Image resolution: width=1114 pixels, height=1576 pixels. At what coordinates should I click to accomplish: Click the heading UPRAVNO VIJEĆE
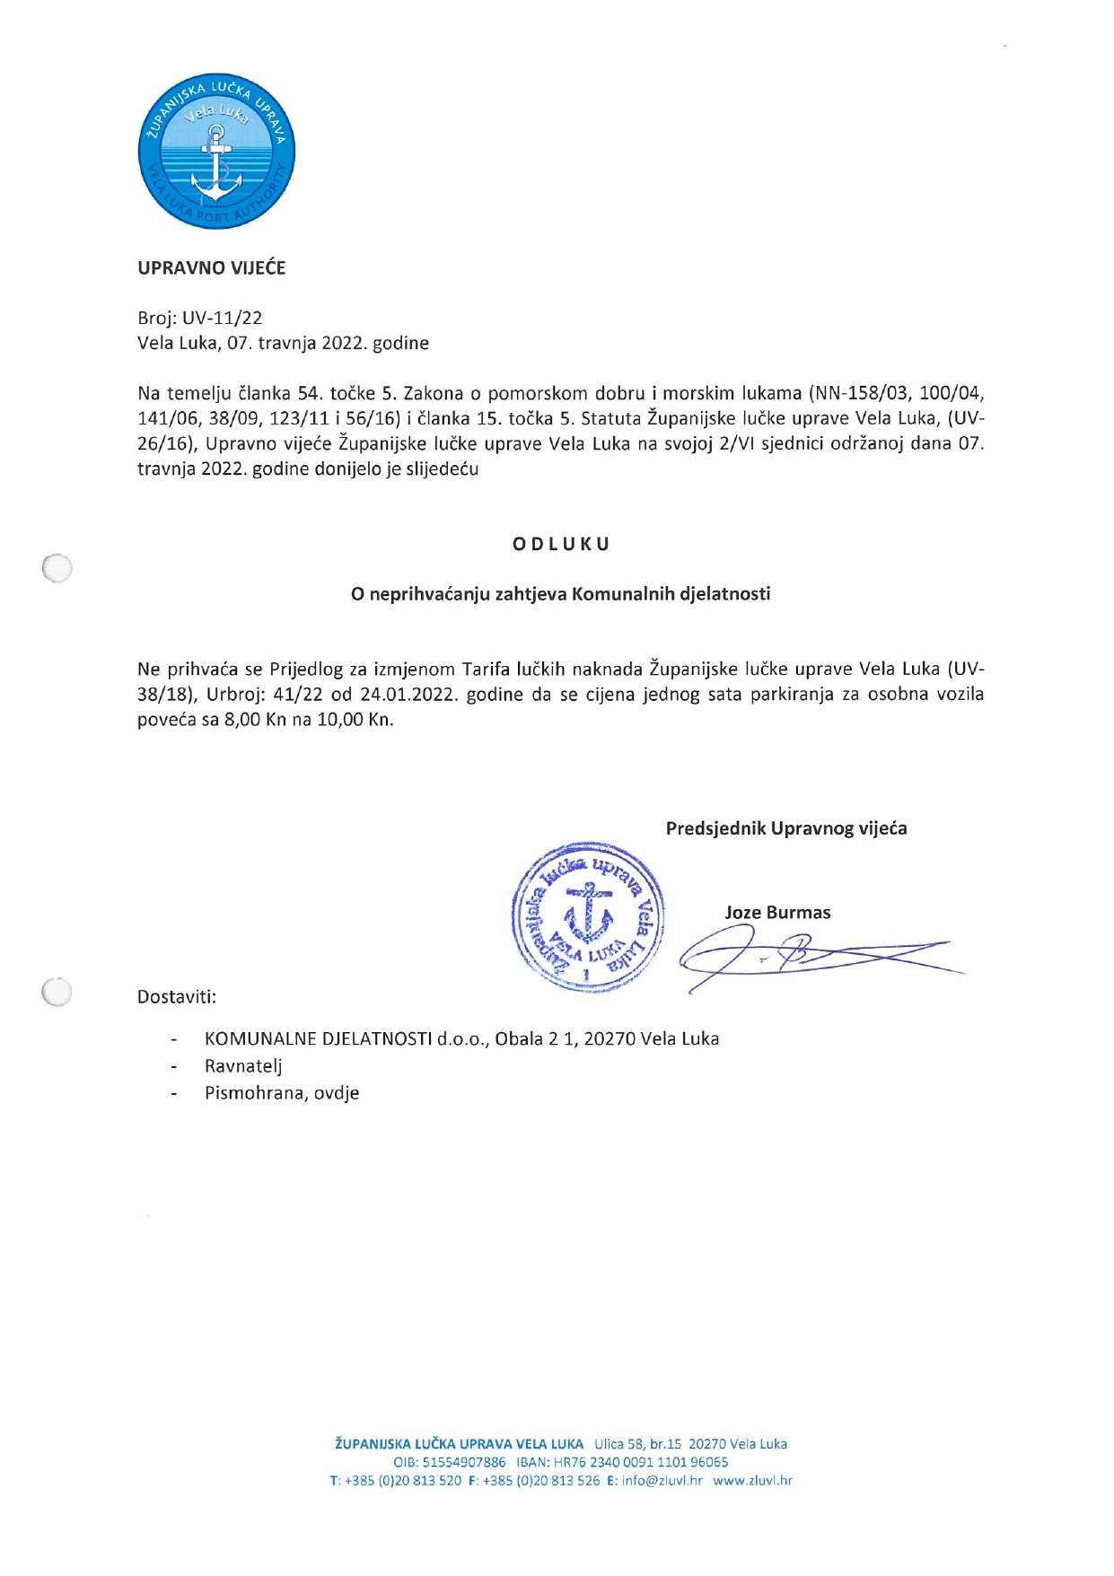(211, 267)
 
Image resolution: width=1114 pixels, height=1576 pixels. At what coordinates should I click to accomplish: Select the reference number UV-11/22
(222, 318)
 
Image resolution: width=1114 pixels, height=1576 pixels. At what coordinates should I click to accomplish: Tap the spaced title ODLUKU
(561, 544)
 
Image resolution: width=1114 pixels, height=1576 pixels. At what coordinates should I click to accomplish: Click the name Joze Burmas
(777, 913)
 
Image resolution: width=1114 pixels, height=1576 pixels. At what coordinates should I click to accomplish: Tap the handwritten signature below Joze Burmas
(808, 957)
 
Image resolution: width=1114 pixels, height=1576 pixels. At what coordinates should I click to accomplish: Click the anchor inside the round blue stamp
(588, 913)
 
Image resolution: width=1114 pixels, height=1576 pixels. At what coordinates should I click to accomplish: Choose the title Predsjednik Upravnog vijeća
(785, 828)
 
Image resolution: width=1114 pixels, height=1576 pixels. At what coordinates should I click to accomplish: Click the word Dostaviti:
(177, 997)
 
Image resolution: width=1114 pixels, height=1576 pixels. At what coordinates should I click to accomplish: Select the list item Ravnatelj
(243, 1066)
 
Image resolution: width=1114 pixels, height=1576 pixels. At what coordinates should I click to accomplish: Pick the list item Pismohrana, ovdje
(282, 1093)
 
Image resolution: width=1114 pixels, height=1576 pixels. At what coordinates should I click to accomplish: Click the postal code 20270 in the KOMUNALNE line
(610, 1039)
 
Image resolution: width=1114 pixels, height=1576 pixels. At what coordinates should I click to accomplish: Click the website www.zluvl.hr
(752, 1481)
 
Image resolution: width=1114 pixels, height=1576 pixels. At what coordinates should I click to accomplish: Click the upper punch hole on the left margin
(57, 568)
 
